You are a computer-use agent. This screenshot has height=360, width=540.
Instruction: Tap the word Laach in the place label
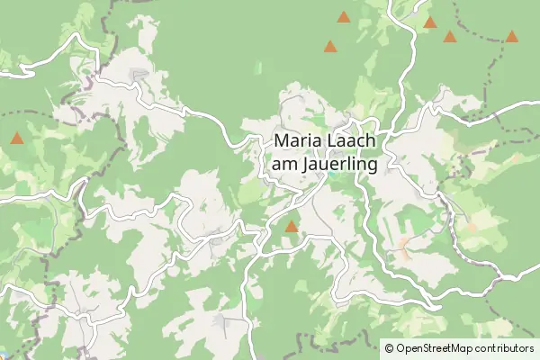[x=353, y=142]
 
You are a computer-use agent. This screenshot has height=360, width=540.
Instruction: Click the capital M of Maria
[x=282, y=142]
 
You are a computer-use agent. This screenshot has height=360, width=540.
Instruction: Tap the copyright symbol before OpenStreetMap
[x=389, y=347]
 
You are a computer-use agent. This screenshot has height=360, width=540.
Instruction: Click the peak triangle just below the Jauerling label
[x=291, y=228]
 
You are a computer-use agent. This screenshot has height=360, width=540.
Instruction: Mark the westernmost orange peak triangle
[x=16, y=139]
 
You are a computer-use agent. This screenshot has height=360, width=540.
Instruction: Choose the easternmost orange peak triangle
[x=511, y=36]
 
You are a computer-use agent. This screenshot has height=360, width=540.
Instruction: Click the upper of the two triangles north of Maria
[x=343, y=16]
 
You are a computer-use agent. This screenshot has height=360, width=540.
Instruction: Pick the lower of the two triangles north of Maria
[x=330, y=46]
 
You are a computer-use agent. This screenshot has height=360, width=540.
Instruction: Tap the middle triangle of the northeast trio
[x=449, y=36]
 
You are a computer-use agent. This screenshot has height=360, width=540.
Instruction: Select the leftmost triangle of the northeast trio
[x=429, y=22]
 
